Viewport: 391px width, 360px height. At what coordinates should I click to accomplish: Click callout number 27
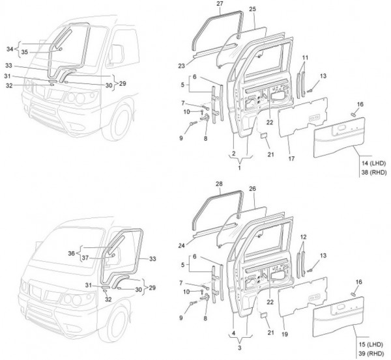(x=220, y=4)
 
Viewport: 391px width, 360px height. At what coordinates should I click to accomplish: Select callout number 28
(x=220, y=184)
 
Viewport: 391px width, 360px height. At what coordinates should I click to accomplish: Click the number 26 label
(x=252, y=189)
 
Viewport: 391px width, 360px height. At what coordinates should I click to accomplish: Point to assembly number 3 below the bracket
(x=239, y=349)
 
